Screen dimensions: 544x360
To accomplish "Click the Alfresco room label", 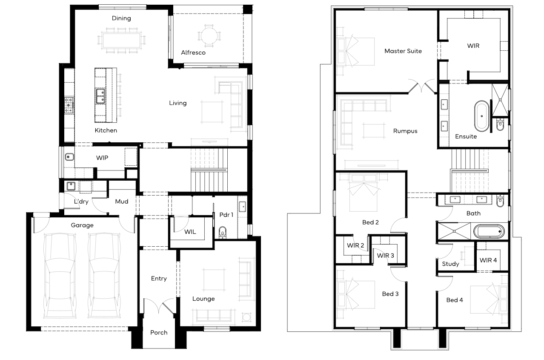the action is tap(193, 52).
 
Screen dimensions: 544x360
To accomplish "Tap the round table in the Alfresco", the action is tap(209, 36).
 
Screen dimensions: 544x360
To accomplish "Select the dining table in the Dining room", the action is tap(121, 40).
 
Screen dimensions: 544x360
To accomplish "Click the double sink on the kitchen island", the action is tap(100, 96).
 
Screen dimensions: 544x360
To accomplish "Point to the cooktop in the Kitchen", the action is tap(69, 105).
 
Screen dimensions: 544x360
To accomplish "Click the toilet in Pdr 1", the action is tap(223, 232).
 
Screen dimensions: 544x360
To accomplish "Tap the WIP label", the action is tap(102, 158).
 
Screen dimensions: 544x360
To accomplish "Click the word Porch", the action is tap(159, 333).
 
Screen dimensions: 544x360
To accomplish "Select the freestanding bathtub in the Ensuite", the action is tap(481, 116).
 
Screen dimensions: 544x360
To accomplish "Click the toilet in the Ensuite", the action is tap(500, 124).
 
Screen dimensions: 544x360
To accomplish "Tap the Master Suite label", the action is tap(403, 51).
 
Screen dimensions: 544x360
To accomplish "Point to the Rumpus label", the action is tap(405, 131).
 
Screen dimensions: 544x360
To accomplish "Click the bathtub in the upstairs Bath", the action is tap(489, 231).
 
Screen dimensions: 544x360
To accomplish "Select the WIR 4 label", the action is tap(488, 260).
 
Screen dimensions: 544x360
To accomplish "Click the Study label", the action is tap(450, 264).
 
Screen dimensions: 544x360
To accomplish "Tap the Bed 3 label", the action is tap(390, 294).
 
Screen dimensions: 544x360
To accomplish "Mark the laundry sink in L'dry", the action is tap(71, 186).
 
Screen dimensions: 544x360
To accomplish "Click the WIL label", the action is tap(190, 232).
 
